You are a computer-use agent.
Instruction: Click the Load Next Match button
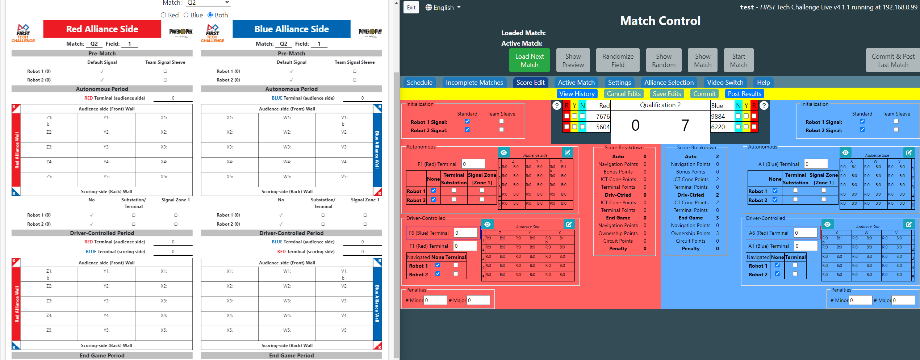(x=529, y=60)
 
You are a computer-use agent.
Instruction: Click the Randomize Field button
(x=618, y=60)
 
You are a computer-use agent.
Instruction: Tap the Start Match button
(x=738, y=60)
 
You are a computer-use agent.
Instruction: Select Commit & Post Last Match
(x=892, y=60)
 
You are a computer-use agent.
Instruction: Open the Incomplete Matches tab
(x=474, y=83)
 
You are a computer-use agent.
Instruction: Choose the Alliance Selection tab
(x=669, y=83)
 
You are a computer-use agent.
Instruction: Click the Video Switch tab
(x=725, y=83)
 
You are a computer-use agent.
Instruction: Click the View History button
(x=577, y=94)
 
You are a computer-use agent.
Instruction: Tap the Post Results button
(x=744, y=94)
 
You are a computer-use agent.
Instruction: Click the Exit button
(x=411, y=7)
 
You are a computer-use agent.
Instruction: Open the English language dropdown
(x=443, y=7)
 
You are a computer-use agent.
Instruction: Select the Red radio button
(x=163, y=15)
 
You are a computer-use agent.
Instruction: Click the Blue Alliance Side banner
(x=291, y=29)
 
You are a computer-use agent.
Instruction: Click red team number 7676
(x=603, y=116)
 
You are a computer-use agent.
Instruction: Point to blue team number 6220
(x=718, y=127)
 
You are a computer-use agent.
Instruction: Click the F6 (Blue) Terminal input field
(x=466, y=233)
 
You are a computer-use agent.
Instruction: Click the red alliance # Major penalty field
(x=478, y=300)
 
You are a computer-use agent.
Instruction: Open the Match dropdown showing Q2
(x=208, y=3)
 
